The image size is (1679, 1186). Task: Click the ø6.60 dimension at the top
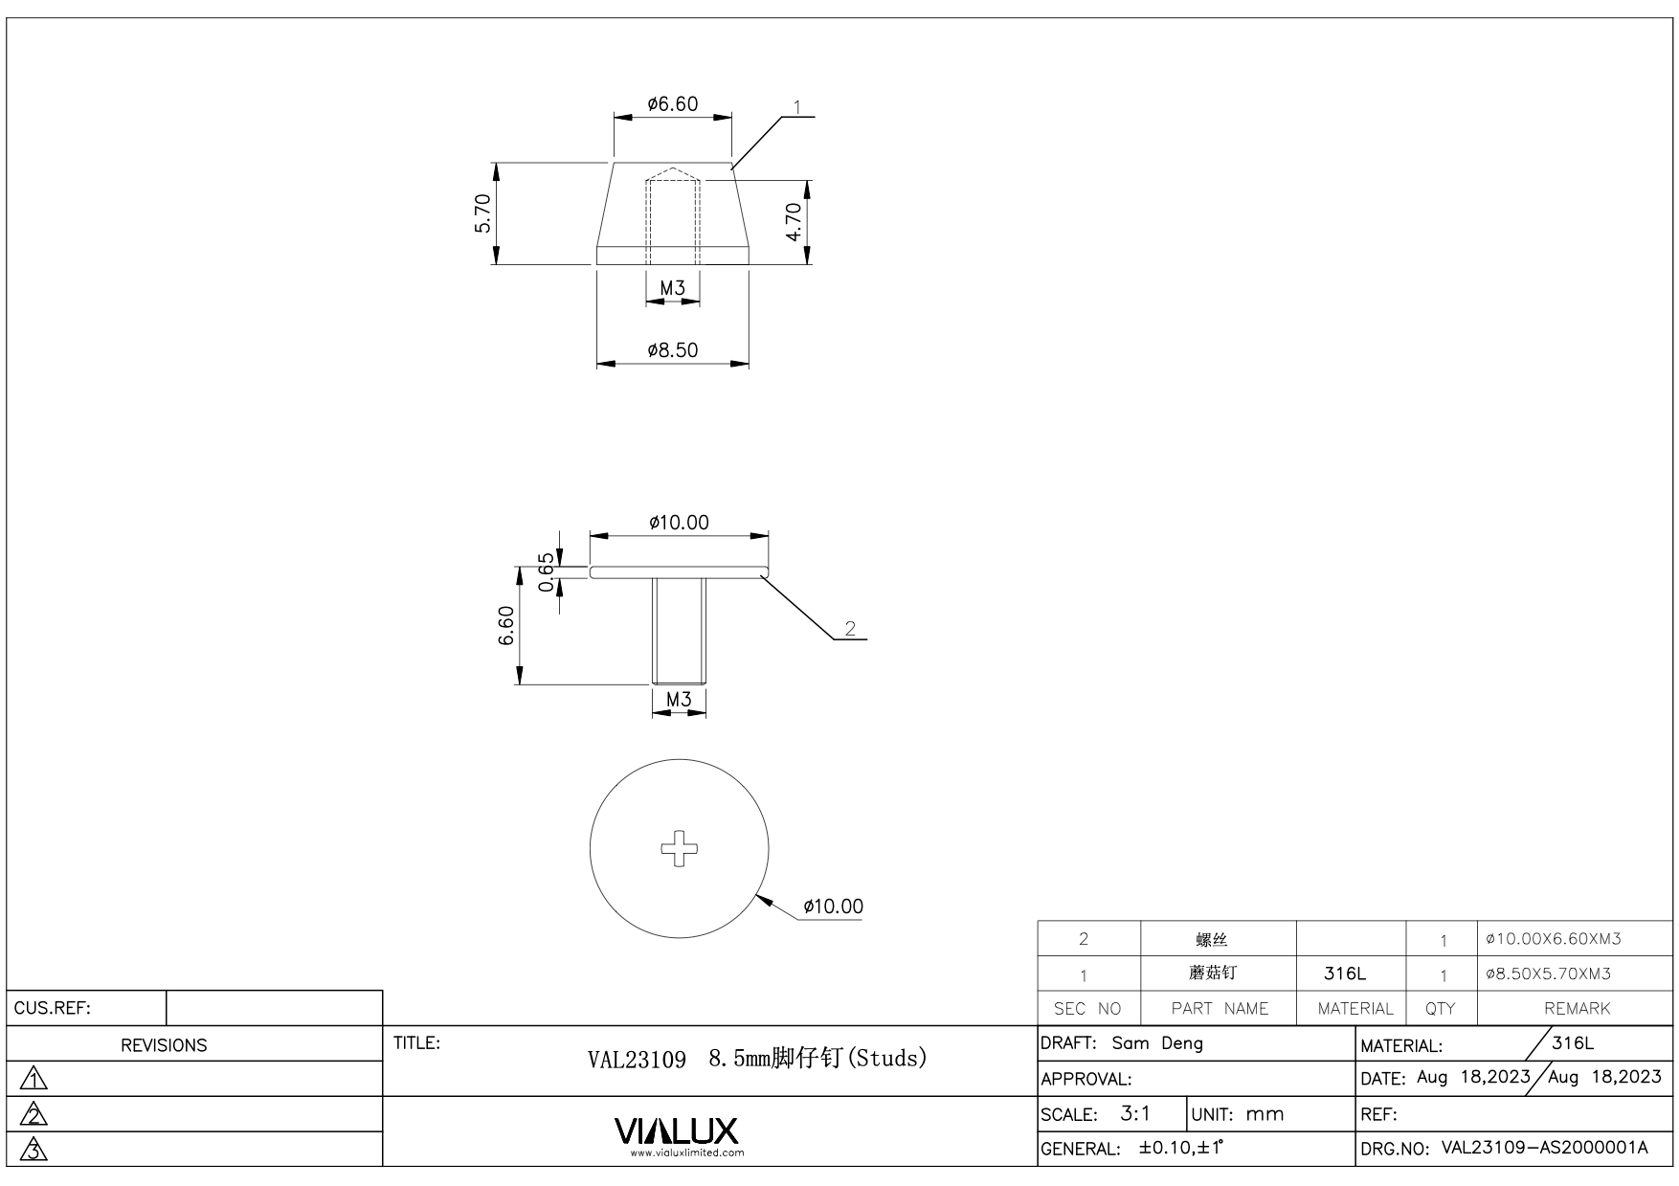[672, 103]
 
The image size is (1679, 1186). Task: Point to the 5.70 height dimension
[483, 213]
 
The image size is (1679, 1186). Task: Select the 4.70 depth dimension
[794, 222]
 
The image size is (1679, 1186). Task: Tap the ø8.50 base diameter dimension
[672, 350]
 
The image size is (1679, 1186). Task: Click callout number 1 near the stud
[797, 107]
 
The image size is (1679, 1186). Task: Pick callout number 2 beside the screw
[849, 629]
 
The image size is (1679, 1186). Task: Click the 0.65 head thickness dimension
[547, 572]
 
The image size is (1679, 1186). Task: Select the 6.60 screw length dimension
[506, 626]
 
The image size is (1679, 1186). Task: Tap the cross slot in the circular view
[680, 848]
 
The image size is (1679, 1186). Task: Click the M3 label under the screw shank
[679, 700]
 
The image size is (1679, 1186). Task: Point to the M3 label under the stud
[673, 288]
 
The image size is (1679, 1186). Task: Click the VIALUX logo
[677, 1131]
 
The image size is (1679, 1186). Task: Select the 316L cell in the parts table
[1344, 973]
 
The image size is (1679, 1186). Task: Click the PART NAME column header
[1220, 1009]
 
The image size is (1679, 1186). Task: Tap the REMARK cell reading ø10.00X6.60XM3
[1553, 939]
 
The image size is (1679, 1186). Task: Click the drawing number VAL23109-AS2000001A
[1544, 1148]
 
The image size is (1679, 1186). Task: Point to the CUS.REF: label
[53, 1008]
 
